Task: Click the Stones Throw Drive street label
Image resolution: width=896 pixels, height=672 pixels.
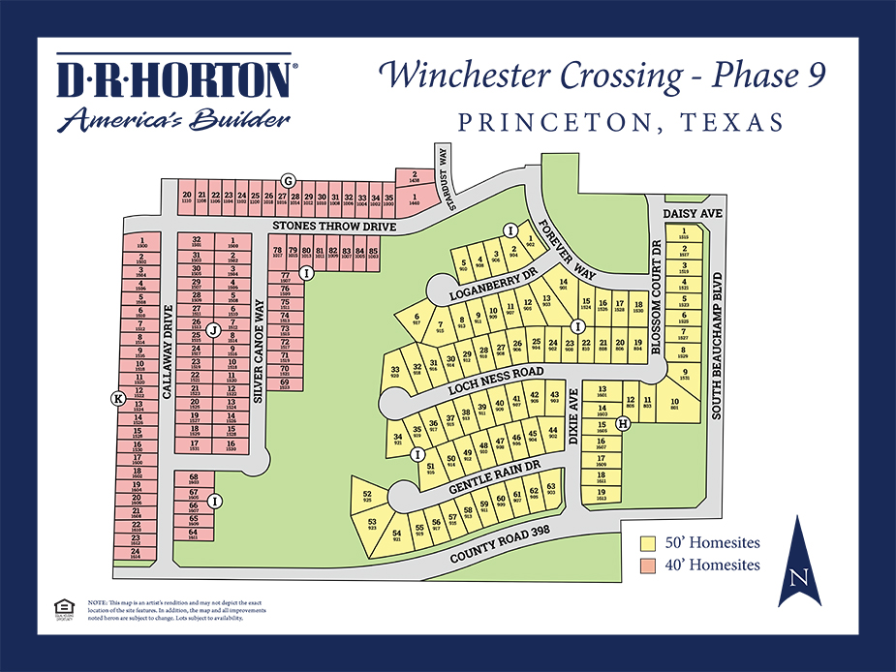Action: tap(334, 226)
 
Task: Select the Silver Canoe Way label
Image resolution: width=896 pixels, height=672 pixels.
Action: tap(259, 350)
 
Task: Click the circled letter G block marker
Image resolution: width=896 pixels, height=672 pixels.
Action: tap(288, 180)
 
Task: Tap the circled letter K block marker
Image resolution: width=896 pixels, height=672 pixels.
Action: tap(119, 398)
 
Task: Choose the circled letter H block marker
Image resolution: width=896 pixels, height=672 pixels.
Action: tap(623, 423)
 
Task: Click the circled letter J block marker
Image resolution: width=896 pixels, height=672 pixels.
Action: tap(211, 329)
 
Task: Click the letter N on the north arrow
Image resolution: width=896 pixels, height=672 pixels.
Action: tap(799, 578)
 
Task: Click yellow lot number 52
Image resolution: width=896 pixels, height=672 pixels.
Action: tap(367, 496)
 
